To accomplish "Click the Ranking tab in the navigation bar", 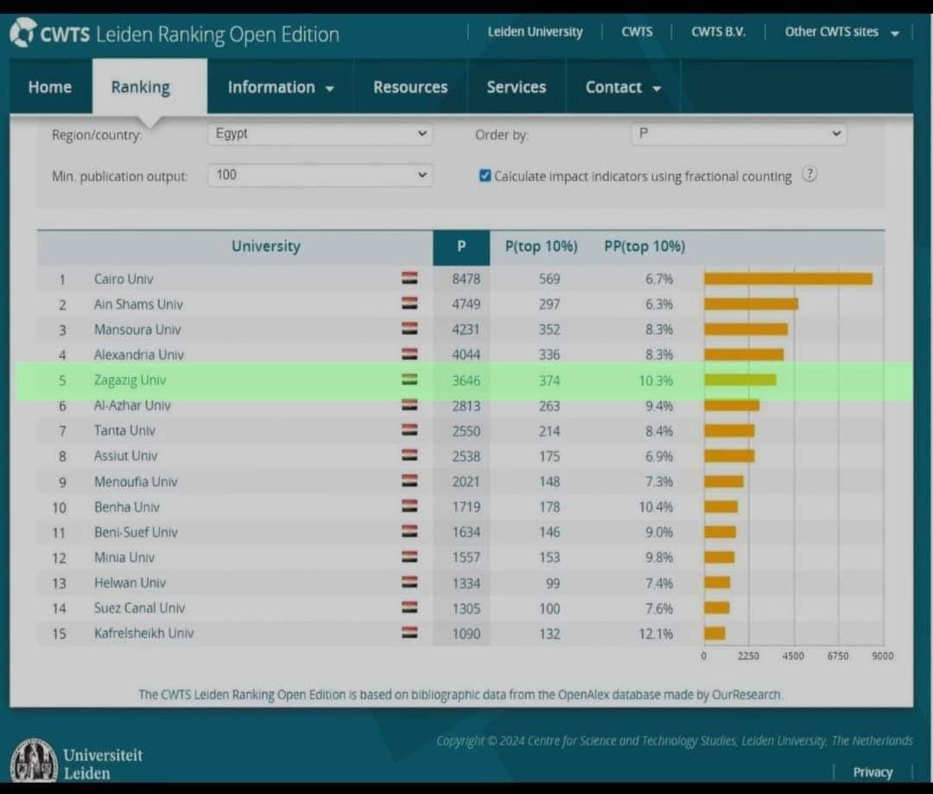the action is pyautogui.click(x=141, y=87).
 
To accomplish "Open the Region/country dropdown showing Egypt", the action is pyautogui.click(x=321, y=133).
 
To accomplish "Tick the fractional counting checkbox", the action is pyautogui.click(x=485, y=175).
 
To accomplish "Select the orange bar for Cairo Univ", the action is pyautogui.click(x=789, y=278).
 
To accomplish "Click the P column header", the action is pyautogui.click(x=461, y=246).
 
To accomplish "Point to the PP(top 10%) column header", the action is pyautogui.click(x=644, y=246).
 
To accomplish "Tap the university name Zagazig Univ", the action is pyautogui.click(x=130, y=380).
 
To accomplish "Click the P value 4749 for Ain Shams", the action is pyautogui.click(x=466, y=304).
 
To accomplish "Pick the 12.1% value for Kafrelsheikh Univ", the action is pyautogui.click(x=656, y=634).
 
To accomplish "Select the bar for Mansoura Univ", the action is pyautogui.click(x=746, y=329).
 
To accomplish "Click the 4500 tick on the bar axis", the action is pyautogui.click(x=793, y=656).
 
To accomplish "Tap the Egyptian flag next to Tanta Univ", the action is pyautogui.click(x=409, y=429).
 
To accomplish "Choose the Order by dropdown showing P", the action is pyautogui.click(x=739, y=133).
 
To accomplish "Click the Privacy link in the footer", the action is pyautogui.click(x=873, y=772).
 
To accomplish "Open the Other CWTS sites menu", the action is pyautogui.click(x=841, y=32).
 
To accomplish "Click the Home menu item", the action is pyautogui.click(x=50, y=87).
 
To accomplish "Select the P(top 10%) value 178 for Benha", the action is pyautogui.click(x=549, y=507).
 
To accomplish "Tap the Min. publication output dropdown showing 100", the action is pyautogui.click(x=321, y=175).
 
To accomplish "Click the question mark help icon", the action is pyautogui.click(x=809, y=175).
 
